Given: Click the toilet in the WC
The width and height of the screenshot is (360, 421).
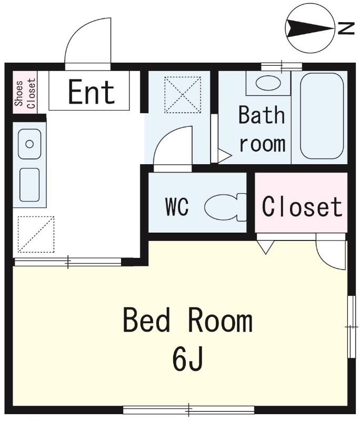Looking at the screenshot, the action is point(225,207).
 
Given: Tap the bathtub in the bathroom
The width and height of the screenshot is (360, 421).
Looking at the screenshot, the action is point(322,116).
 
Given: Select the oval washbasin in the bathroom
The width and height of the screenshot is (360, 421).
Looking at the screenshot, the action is point(268,83).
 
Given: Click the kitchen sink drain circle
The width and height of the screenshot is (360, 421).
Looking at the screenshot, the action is point(29,144).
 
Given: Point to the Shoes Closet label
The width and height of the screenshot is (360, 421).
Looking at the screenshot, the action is point(25,93).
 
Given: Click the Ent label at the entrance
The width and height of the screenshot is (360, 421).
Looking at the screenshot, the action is point(92,92).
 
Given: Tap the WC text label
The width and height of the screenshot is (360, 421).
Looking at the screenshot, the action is point(177,207).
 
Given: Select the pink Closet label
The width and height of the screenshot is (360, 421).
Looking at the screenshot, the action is point(302,206).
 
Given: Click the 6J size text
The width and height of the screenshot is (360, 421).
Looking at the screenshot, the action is point(187,359).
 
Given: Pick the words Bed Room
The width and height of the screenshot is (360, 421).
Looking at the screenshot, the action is point(188,320).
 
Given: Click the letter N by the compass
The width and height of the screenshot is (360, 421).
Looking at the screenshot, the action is point(346,28).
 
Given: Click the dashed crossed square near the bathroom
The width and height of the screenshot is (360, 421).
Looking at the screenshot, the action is point(183,95).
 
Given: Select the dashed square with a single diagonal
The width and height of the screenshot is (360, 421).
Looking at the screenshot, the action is point(36,234).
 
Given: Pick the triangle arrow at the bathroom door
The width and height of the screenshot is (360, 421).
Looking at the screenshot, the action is point(224,156).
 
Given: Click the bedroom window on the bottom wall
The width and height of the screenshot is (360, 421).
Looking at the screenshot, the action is point(189,410).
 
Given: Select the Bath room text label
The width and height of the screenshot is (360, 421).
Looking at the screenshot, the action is point(262,129).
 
